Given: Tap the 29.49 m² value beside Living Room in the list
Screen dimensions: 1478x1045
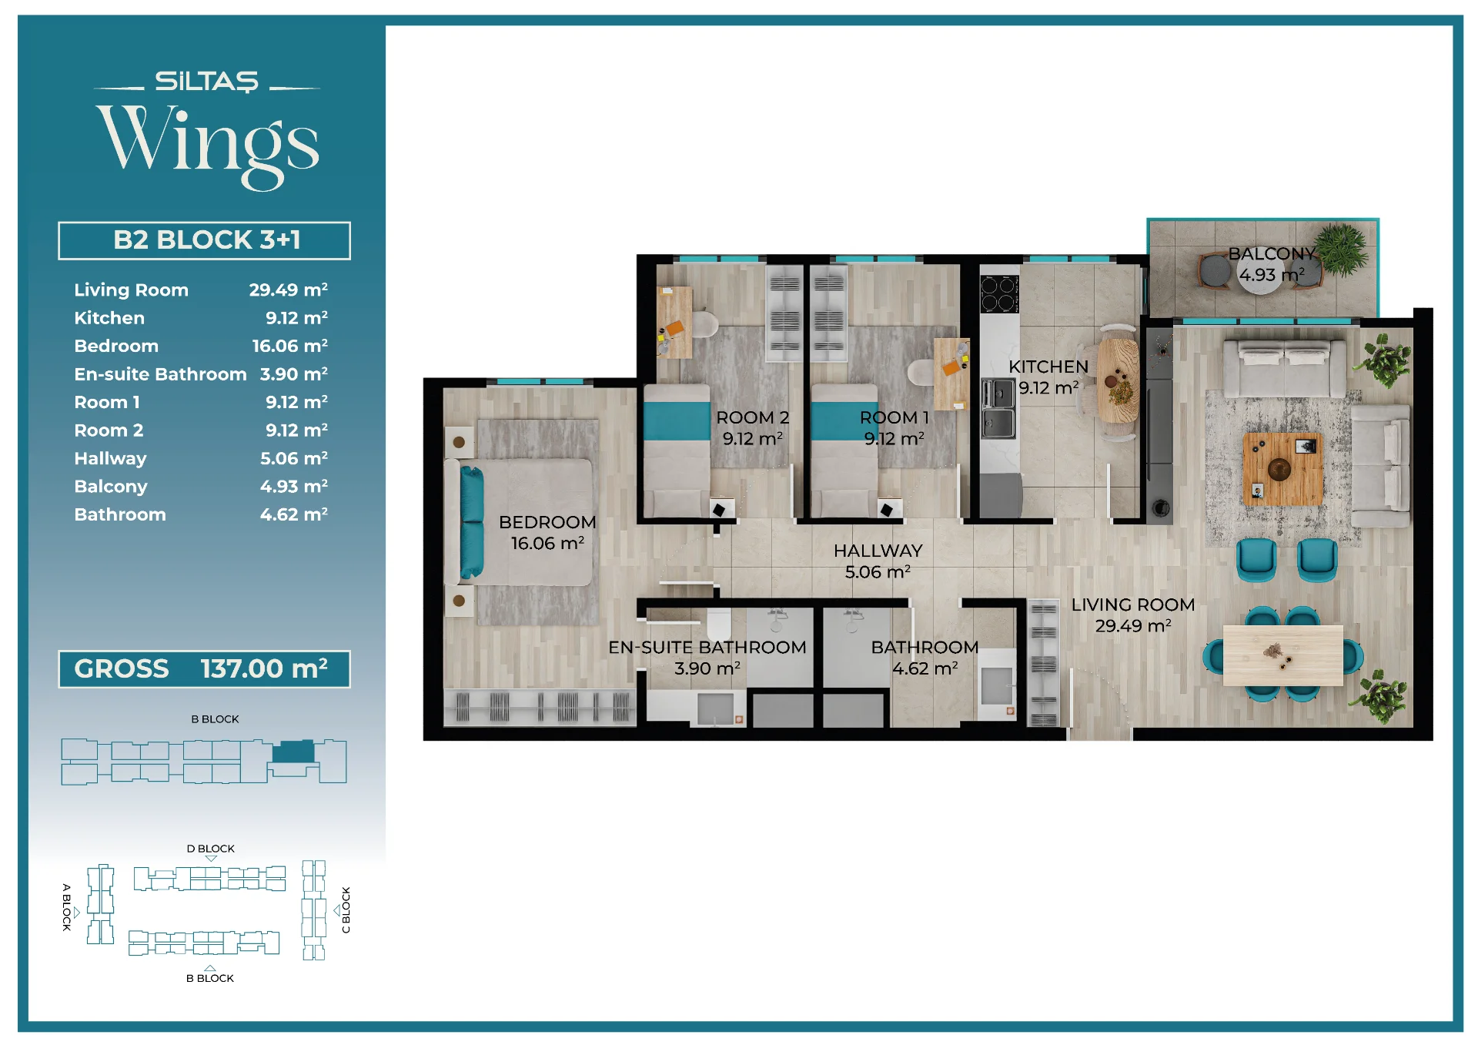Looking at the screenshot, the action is click(288, 290).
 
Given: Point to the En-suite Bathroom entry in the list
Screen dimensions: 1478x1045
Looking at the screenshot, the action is click(160, 374).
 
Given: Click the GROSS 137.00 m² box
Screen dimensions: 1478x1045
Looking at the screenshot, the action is click(205, 668).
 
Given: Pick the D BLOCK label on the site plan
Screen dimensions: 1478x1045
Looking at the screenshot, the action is click(210, 849).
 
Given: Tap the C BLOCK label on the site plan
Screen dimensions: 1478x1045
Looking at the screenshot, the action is click(346, 910).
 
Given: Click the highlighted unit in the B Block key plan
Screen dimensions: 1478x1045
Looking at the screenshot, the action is click(293, 751).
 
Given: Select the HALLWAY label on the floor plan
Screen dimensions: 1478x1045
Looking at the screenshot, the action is click(878, 551).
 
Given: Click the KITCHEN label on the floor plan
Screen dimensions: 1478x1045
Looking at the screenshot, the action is click(1048, 367).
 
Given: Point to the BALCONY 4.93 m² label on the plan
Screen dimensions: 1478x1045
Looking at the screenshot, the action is click(1272, 264).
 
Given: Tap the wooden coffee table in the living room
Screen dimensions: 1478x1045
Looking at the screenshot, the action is click(1282, 468).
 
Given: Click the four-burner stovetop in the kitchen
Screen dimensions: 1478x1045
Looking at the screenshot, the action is click(999, 293).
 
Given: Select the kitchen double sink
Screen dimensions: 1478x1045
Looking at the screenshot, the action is click(998, 407).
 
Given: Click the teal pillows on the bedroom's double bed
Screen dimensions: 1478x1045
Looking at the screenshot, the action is click(471, 522).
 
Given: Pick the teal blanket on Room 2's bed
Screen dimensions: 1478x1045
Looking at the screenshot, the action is click(677, 420).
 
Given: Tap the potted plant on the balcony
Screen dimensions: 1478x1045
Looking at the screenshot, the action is click(1342, 249).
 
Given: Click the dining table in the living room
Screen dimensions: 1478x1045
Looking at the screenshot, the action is click(1282, 655).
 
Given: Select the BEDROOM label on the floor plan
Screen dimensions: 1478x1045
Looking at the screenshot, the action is click(547, 522).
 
